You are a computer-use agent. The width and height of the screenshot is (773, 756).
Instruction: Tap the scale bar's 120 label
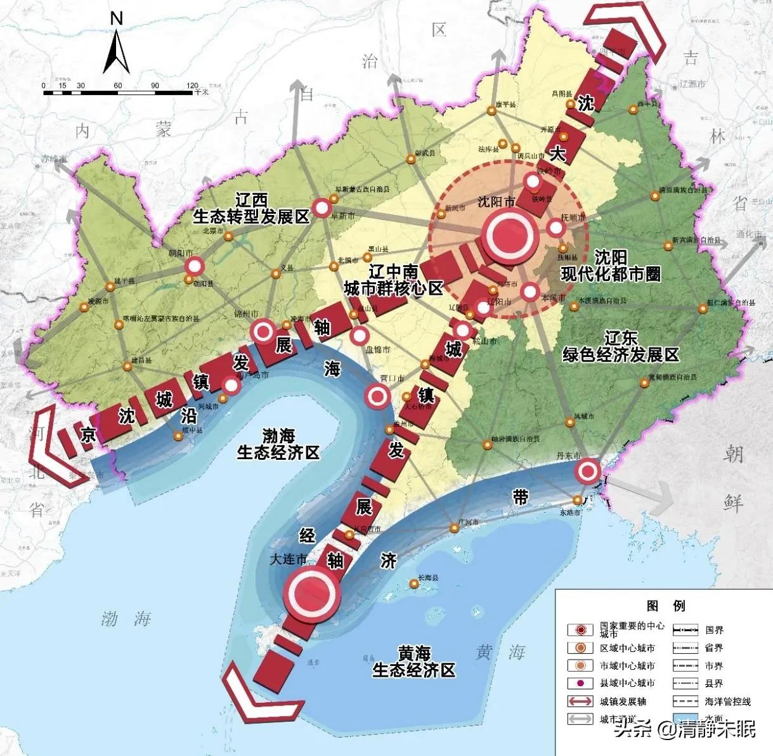[x=193, y=86]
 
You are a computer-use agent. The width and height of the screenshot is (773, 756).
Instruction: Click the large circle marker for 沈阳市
[x=511, y=234]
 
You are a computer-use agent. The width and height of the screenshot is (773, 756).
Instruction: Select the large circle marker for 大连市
[x=311, y=592]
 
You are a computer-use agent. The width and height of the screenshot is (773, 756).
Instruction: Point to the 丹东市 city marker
[x=588, y=471]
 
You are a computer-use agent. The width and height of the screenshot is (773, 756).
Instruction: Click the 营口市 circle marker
[x=378, y=397]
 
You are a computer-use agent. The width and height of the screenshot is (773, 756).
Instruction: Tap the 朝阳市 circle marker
[x=195, y=267]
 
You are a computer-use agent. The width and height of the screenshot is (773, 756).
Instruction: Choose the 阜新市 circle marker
[x=323, y=208]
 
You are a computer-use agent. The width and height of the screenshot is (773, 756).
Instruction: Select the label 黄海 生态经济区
[x=413, y=661]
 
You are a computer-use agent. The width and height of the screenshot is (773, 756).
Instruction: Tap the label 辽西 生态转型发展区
[x=251, y=208]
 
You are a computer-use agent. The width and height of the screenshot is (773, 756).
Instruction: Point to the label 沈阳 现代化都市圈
[x=611, y=265]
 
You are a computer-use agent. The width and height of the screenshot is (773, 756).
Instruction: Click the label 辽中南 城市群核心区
[x=393, y=280]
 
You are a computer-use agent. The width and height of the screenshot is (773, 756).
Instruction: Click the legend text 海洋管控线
[x=727, y=701]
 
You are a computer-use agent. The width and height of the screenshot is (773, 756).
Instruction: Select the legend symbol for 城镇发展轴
[x=580, y=701]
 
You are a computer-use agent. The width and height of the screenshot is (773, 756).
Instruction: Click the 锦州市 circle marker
[x=263, y=330]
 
